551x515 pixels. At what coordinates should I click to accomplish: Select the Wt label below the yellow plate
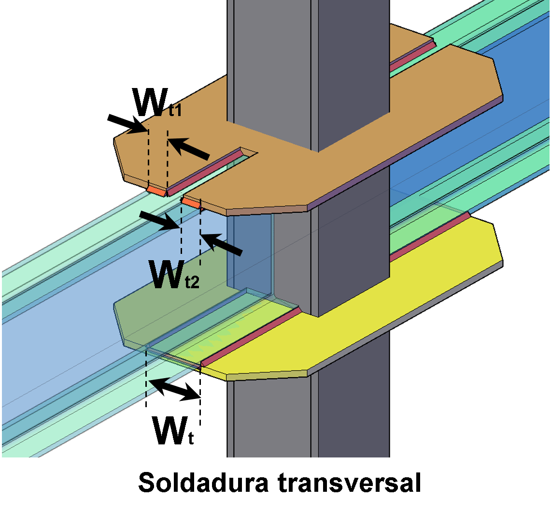pos(173,430)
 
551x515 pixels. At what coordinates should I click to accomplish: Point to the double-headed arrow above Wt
pos(174,389)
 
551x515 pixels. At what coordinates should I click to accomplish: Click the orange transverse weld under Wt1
pos(156,191)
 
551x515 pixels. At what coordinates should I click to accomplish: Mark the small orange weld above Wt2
pos(191,203)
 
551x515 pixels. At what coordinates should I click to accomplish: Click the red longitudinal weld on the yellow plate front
pos(251,336)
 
